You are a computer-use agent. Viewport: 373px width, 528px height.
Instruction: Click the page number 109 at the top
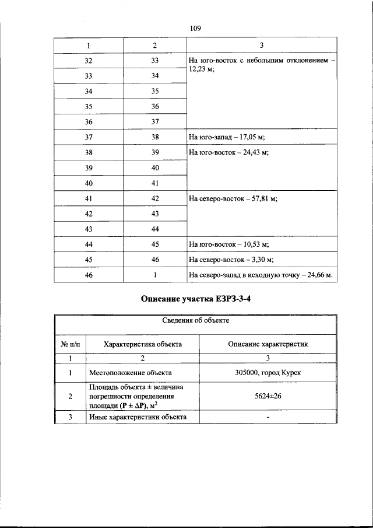coord(195,28)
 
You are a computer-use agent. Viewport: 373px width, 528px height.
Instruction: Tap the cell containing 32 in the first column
coord(89,60)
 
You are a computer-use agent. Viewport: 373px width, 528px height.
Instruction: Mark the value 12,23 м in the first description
coord(201,69)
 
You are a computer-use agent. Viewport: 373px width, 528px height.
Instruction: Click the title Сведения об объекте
coord(195,320)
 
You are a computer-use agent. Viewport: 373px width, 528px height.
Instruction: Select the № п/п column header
coord(70,344)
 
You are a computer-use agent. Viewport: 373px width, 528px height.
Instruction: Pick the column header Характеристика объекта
coord(142,344)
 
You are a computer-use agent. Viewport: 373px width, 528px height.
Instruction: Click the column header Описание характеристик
coord(268,344)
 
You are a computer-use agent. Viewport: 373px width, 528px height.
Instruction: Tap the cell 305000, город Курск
coord(268,372)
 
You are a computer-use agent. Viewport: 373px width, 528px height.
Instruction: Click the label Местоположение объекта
coord(130,372)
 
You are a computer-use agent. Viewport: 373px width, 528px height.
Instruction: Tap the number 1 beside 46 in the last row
coord(154,275)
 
